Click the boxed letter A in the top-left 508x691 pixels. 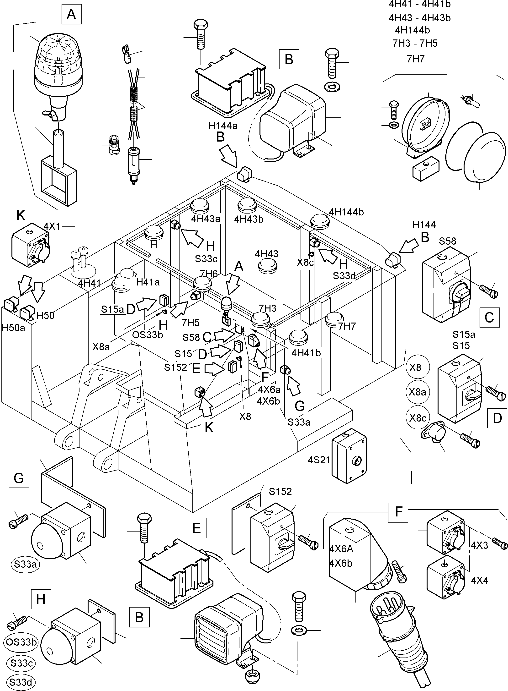tap(71, 14)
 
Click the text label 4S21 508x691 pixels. tap(319, 460)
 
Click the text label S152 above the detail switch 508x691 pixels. tap(280, 491)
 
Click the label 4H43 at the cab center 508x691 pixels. tap(266, 254)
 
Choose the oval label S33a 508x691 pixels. tap(26, 564)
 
